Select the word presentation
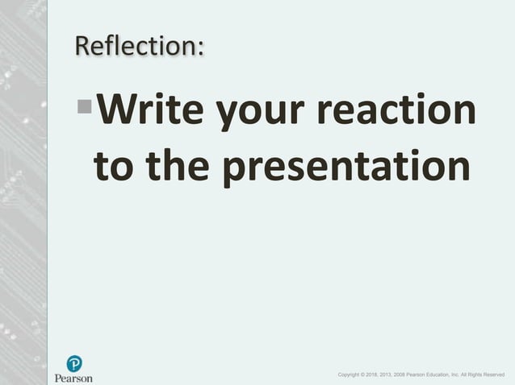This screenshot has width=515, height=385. tap(346, 167)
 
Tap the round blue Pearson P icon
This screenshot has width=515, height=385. tap(74, 363)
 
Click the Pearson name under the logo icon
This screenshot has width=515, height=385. tap(73, 378)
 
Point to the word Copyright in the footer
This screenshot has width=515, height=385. tap(351, 375)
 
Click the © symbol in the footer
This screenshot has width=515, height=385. tap(368, 375)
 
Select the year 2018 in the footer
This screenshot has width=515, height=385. tap(378, 375)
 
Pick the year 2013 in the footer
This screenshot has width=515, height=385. tap(395, 375)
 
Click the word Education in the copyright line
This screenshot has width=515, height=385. tap(456, 375)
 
